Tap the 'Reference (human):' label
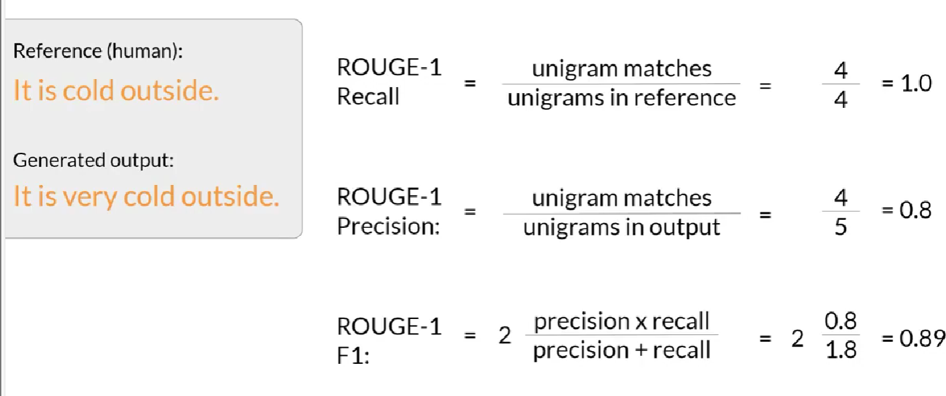point(97,52)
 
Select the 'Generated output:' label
point(94,160)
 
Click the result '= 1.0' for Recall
point(906,84)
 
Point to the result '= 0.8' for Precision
point(906,210)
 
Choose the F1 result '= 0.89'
point(912,338)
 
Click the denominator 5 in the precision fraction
point(841,227)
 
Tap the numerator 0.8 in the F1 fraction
point(841,322)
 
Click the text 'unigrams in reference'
point(622,98)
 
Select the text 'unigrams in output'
point(622,228)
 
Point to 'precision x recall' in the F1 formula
point(622,322)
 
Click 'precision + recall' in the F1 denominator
point(622,350)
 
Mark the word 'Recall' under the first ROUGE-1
point(368,98)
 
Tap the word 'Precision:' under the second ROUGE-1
point(388,226)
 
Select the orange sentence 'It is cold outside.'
point(116,90)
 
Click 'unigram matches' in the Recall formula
point(622,69)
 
